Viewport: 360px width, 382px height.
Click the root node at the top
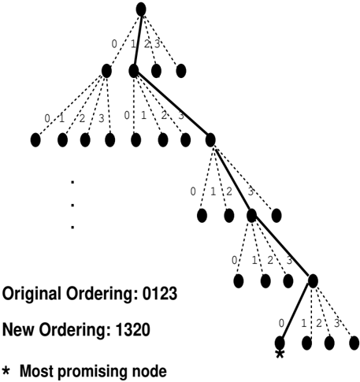click(141, 9)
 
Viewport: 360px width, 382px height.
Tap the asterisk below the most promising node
click(280, 354)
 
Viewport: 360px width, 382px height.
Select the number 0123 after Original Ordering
click(160, 293)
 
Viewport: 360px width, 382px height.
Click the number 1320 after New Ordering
click(132, 330)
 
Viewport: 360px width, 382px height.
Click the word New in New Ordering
click(19, 330)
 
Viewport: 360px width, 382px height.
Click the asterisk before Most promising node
click(6, 370)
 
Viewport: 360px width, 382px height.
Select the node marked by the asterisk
click(280, 343)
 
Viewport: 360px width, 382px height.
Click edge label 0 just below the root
click(114, 44)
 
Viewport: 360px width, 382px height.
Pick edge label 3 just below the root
click(157, 44)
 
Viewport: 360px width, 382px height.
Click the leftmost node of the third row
click(35, 139)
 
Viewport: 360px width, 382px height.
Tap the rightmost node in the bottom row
click(354, 343)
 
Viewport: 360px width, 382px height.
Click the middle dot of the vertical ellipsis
click(72, 205)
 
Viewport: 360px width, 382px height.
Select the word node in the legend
click(154, 371)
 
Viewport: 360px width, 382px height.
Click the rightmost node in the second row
click(181, 71)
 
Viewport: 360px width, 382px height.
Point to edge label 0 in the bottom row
click(281, 323)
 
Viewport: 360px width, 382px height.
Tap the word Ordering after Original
click(102, 294)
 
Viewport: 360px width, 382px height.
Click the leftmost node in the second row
click(106, 71)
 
